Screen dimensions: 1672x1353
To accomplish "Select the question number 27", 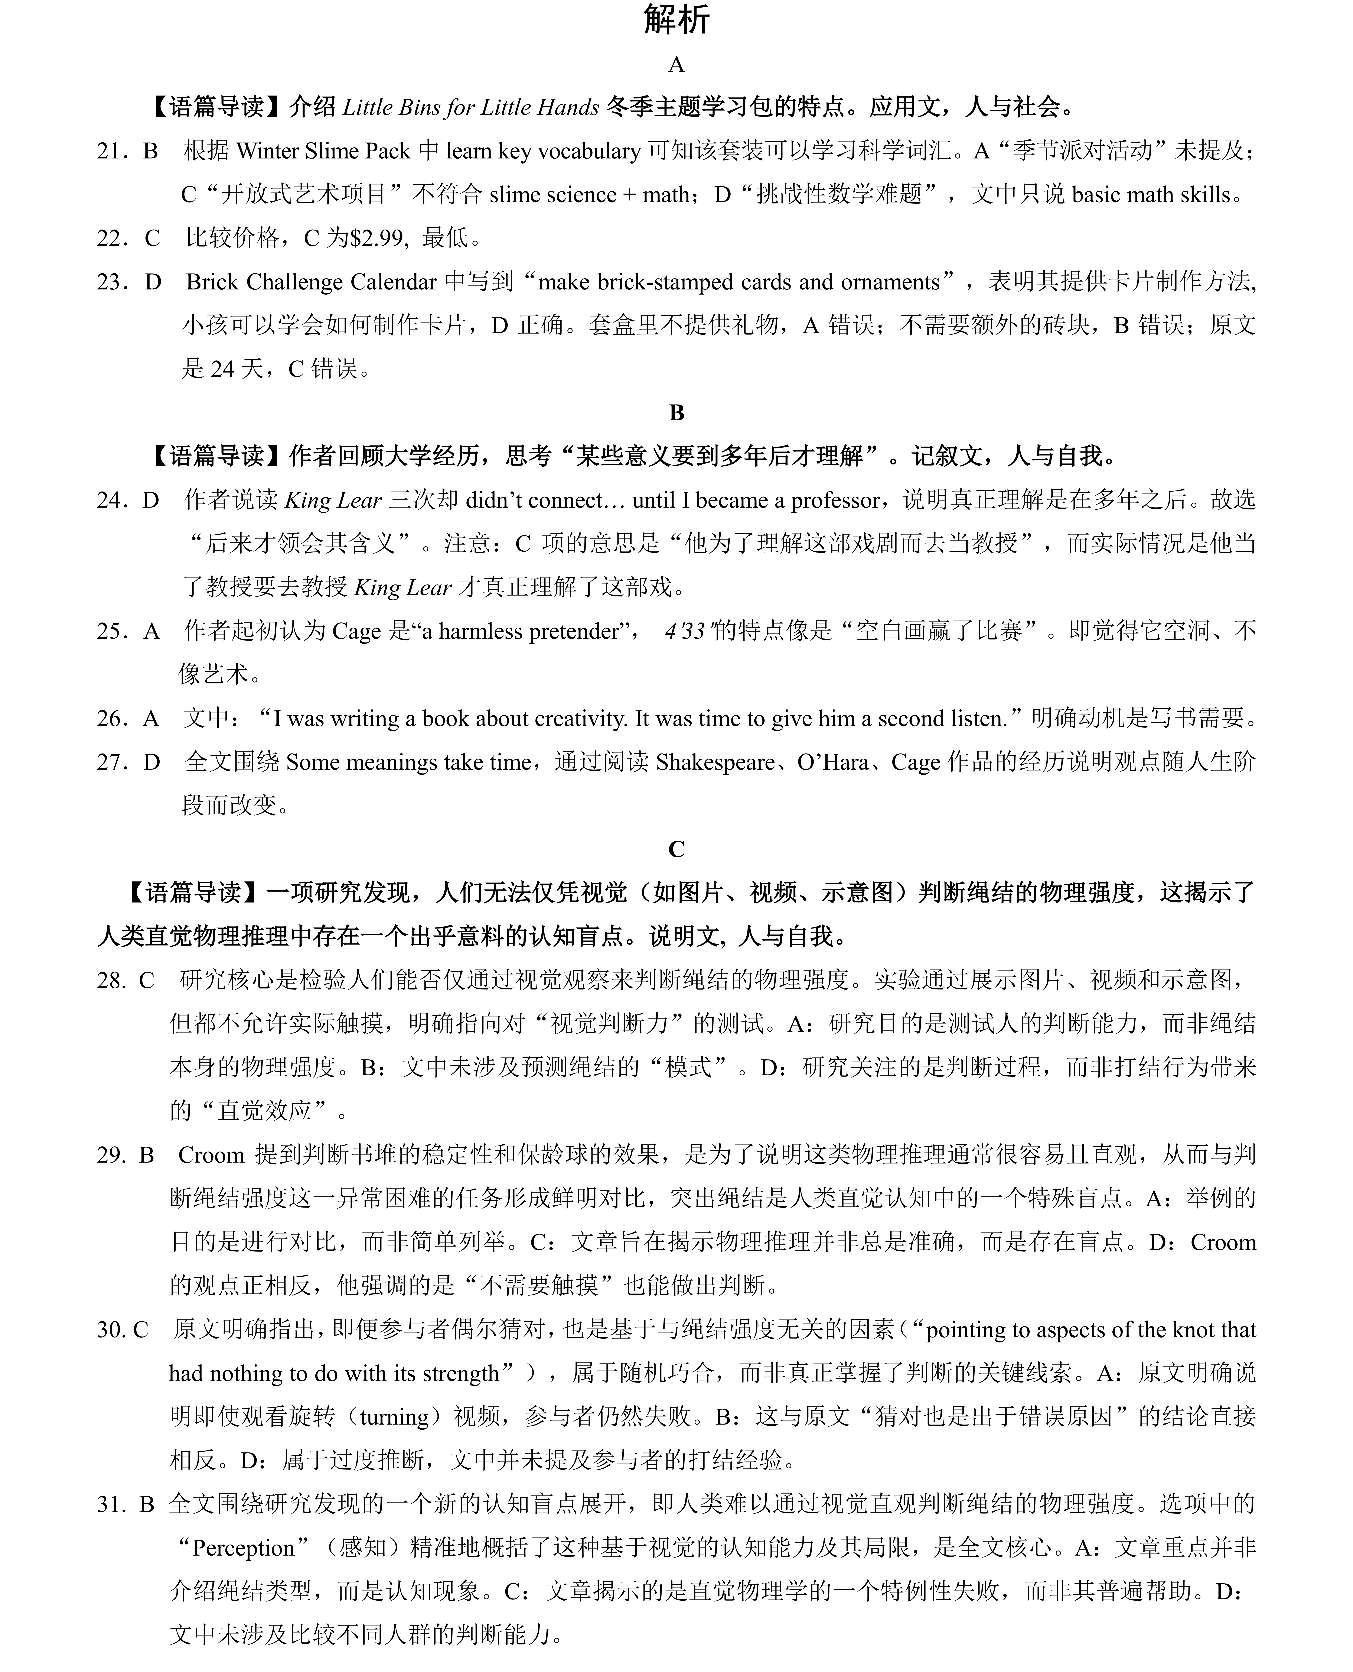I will tap(111, 762).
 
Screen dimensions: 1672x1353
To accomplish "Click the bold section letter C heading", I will tap(676, 849).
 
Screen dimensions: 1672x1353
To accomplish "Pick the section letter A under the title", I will tap(676, 65).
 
